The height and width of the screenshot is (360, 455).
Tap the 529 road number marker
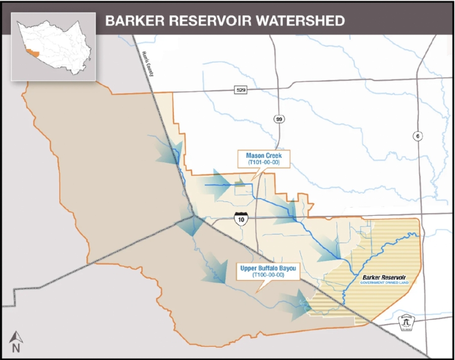pyautogui.click(x=241, y=90)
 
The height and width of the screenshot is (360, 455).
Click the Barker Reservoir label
pyautogui.click(x=384, y=278)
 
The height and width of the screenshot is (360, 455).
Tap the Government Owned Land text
pyautogui.click(x=384, y=283)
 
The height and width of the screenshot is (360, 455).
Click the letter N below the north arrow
pyautogui.click(x=16, y=348)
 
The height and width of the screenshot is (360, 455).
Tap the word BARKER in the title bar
pyautogui.click(x=129, y=21)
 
